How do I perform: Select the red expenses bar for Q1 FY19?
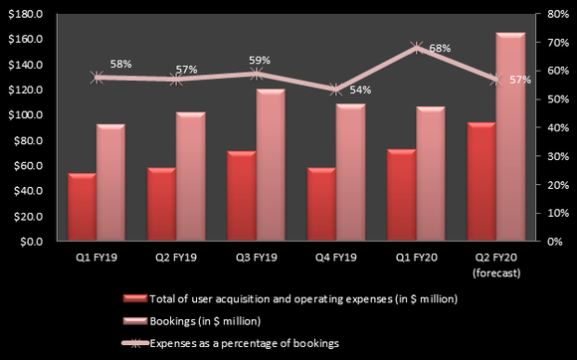82,208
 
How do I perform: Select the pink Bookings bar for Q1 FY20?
431,174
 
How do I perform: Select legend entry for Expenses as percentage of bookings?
245,341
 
